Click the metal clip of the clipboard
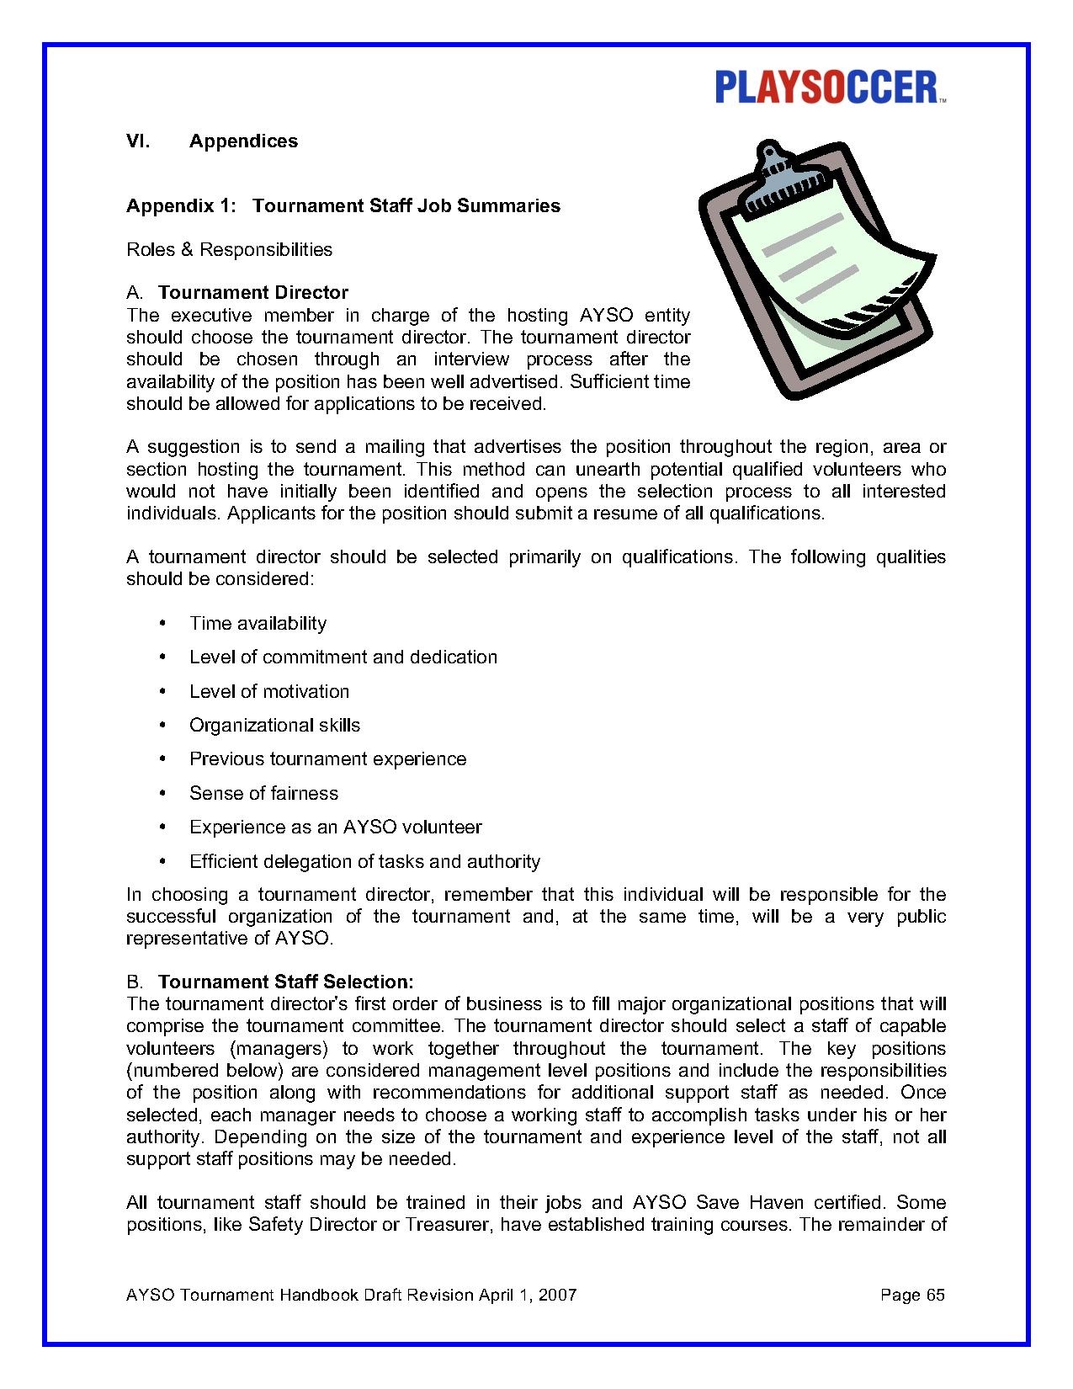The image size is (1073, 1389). click(x=783, y=181)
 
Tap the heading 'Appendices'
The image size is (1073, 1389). click(x=243, y=141)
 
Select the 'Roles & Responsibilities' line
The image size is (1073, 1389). click(x=229, y=249)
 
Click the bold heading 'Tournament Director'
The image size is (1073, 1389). click(x=253, y=293)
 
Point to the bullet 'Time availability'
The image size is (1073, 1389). click(x=258, y=624)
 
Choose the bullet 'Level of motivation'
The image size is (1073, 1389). click(x=269, y=692)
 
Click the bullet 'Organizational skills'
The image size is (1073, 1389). click(x=274, y=726)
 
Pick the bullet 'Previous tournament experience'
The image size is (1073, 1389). click(x=327, y=759)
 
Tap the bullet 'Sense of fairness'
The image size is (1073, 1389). click(x=263, y=794)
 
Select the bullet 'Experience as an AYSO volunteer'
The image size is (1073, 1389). click(x=335, y=828)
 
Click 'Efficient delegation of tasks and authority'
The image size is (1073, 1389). click(x=364, y=862)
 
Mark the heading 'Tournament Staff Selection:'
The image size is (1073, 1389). click(x=286, y=982)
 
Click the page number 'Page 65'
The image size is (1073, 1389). click(x=912, y=1296)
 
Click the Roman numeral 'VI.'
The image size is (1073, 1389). click(x=138, y=141)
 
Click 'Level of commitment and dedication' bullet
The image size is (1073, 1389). click(x=343, y=657)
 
